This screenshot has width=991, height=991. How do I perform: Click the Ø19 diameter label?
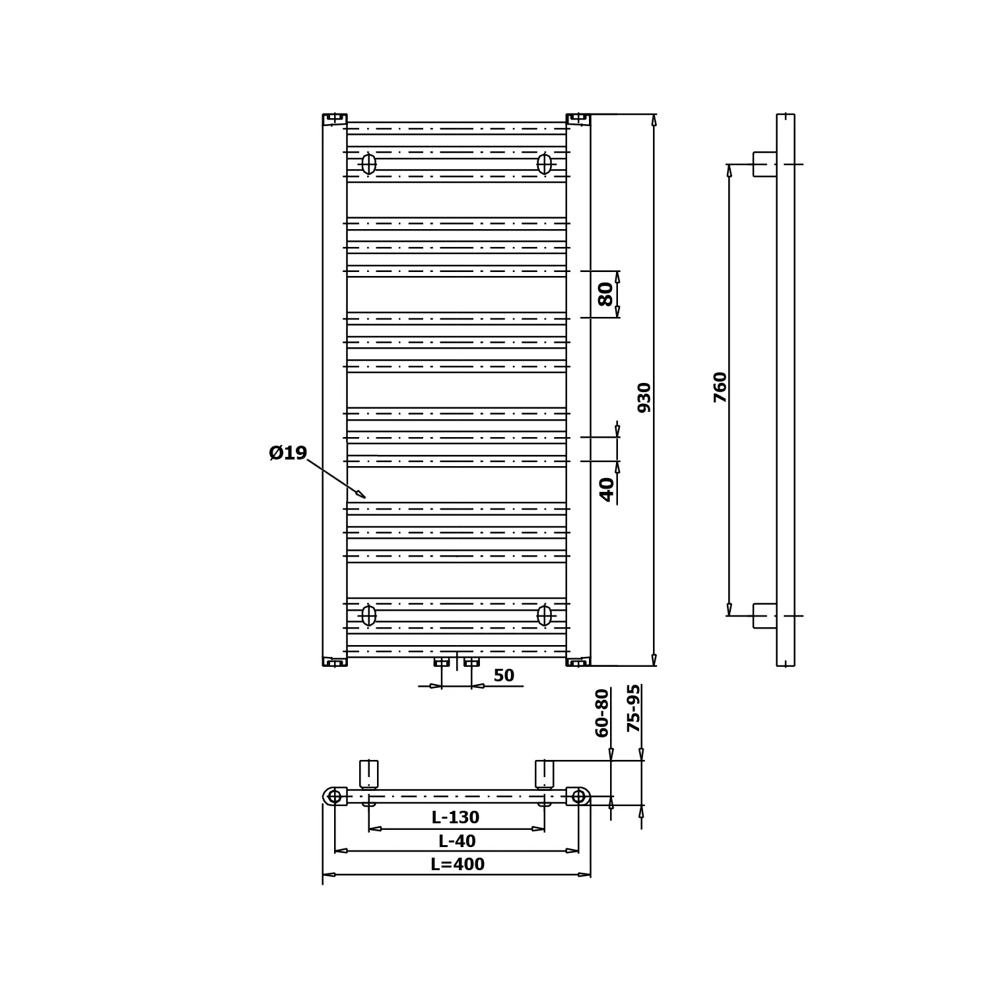point(289,453)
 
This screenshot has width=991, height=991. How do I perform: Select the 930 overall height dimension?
point(644,397)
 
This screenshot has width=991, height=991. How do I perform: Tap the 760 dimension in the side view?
point(720,387)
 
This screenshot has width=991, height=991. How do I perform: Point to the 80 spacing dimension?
point(605,294)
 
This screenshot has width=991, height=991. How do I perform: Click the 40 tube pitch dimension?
point(607,489)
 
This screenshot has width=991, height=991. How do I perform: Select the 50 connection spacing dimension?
point(504,675)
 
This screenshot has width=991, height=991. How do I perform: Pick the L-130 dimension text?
point(456,817)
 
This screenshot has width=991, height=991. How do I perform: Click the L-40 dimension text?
point(457,841)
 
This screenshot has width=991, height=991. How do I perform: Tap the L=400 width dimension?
point(458,864)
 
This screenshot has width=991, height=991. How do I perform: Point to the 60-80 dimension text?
point(602,712)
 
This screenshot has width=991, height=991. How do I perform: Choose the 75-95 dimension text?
point(634,708)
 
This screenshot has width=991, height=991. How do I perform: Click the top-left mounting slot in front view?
point(368,164)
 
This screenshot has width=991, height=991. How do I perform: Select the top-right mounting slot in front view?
point(544,164)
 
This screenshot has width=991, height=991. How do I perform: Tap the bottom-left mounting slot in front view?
point(368,615)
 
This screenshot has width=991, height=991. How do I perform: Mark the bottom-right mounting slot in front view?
point(544,615)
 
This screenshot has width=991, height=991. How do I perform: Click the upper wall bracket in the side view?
point(765,164)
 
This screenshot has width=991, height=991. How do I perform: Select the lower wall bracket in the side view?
point(765,616)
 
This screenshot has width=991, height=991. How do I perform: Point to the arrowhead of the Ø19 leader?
point(362,495)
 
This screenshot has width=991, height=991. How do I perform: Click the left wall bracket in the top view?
point(368,774)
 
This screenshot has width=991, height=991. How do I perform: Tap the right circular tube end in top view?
point(578,796)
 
